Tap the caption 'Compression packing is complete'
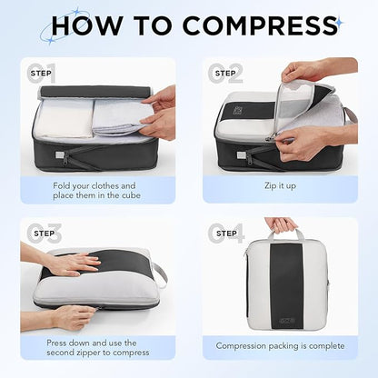tap(279, 346)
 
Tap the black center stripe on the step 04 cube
tap(280, 282)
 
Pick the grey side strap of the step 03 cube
tap(159, 272)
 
